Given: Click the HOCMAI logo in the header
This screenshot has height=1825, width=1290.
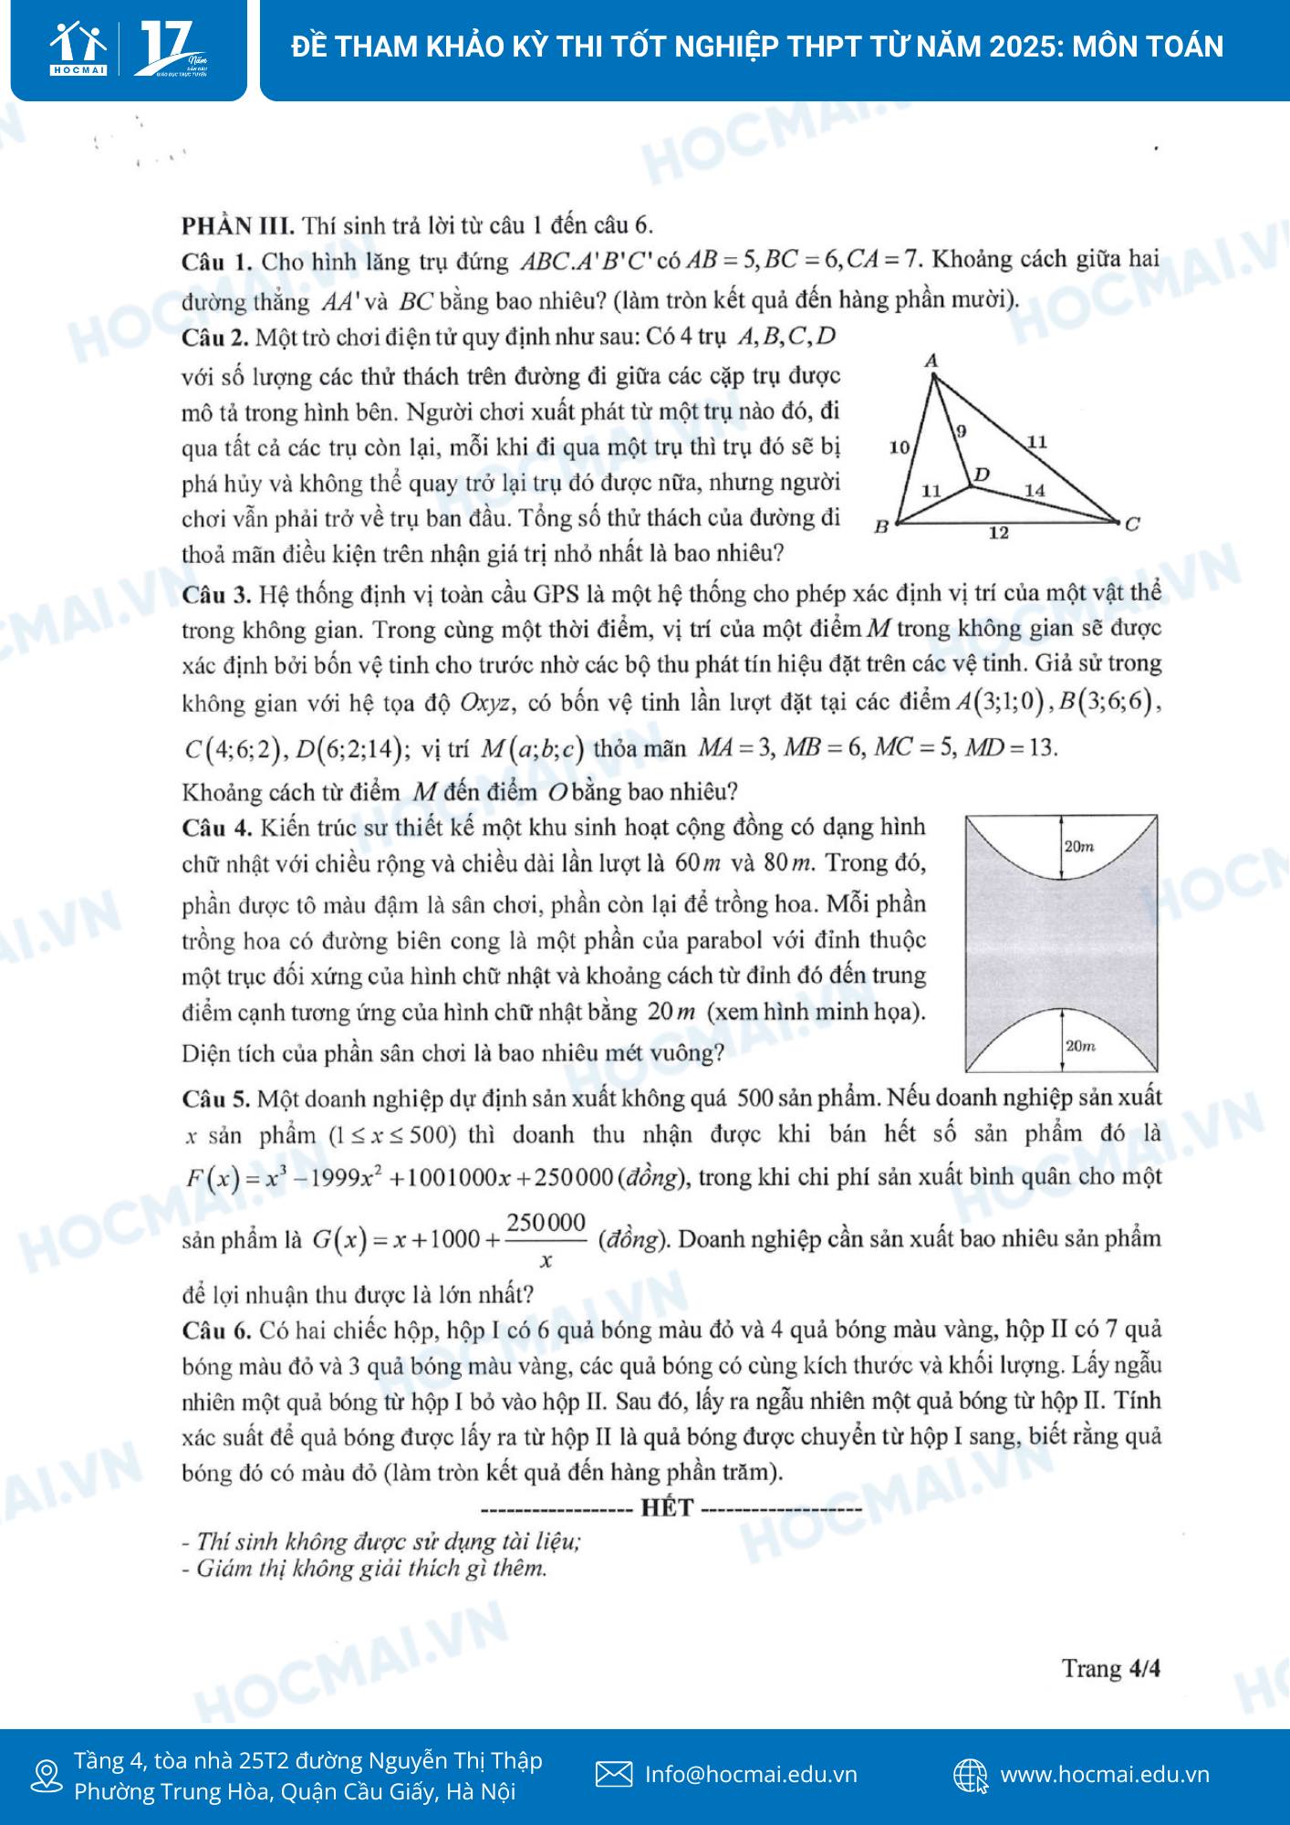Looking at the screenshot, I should pos(79,48).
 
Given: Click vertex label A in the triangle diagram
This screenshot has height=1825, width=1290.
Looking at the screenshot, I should pos(931,361).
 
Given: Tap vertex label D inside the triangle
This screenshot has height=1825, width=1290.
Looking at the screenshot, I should pos(983,474).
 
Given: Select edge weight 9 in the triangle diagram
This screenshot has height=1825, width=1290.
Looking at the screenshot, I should pos(962,431).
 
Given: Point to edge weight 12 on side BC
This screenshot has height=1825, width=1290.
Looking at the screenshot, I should pos(999,532).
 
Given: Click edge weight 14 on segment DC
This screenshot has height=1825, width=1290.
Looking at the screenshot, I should pos(1034,490).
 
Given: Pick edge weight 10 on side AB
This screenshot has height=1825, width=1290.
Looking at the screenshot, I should pos(900,446).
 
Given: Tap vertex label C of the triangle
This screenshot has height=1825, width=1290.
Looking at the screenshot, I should pos(1132,524).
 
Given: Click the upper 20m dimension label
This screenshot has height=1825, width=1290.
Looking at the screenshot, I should pos(1079,847).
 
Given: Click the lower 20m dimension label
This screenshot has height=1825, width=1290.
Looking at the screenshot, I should pos(1080,1046).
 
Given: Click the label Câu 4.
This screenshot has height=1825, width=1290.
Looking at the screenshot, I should pos(216,828).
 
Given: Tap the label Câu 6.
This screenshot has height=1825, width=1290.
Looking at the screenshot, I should pos(216,1330).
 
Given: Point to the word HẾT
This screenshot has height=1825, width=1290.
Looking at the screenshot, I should pos(667,1507).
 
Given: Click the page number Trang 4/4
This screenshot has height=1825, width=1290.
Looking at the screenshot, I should pos(1110,1668).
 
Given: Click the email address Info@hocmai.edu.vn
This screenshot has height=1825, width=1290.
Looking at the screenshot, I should pos(751,1774).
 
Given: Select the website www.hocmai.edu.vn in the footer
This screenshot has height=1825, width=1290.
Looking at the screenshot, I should pos(1105,1774).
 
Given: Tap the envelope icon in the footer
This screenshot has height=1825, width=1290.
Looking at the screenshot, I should pos(614,1774).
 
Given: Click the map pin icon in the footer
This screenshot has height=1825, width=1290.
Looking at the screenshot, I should pos(46,1776).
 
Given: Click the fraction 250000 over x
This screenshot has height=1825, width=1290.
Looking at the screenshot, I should pos(546,1240).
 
